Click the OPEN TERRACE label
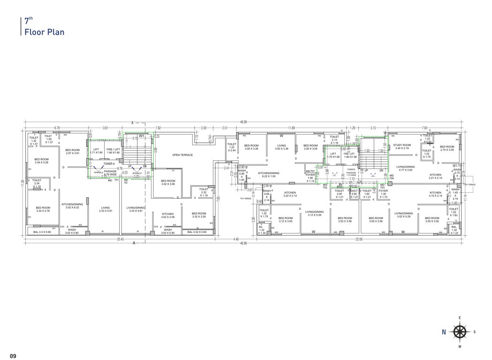[182, 155]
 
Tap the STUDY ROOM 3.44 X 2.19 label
[402, 147]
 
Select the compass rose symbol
[459, 332]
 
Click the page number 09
[12, 356]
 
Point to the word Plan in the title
[54, 32]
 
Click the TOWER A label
[109, 164]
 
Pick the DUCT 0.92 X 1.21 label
[354, 194]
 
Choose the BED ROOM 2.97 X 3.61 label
[73, 151]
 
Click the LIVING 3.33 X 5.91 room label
[105, 209]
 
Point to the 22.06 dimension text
[359, 240]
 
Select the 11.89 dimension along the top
[292, 127]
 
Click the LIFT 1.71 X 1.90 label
[96, 150]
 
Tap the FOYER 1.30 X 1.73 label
[383, 194]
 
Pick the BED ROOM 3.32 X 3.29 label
[199, 215]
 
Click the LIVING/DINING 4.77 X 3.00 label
[406, 168]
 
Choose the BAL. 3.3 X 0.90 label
[42, 232]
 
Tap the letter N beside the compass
[444, 332]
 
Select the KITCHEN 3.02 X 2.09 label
[167, 216]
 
